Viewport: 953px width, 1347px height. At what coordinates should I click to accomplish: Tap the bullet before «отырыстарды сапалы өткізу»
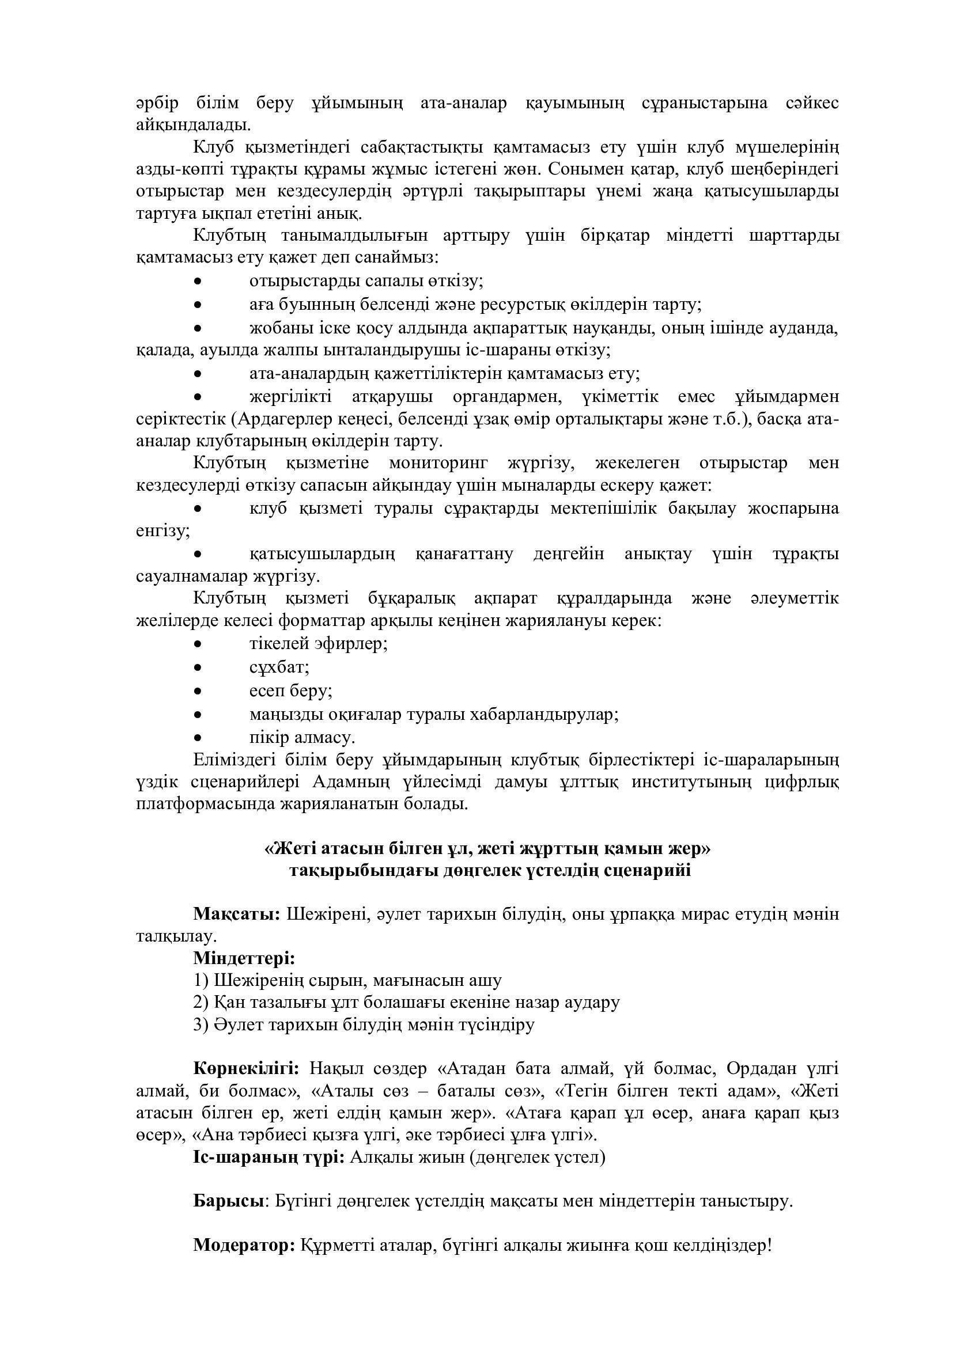tap(198, 282)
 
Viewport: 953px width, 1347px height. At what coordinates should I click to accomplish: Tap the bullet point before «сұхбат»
tap(198, 667)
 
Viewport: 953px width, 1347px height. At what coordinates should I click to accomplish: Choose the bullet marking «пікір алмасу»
tap(198, 738)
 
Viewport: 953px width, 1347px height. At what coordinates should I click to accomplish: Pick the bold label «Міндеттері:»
tap(244, 959)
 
